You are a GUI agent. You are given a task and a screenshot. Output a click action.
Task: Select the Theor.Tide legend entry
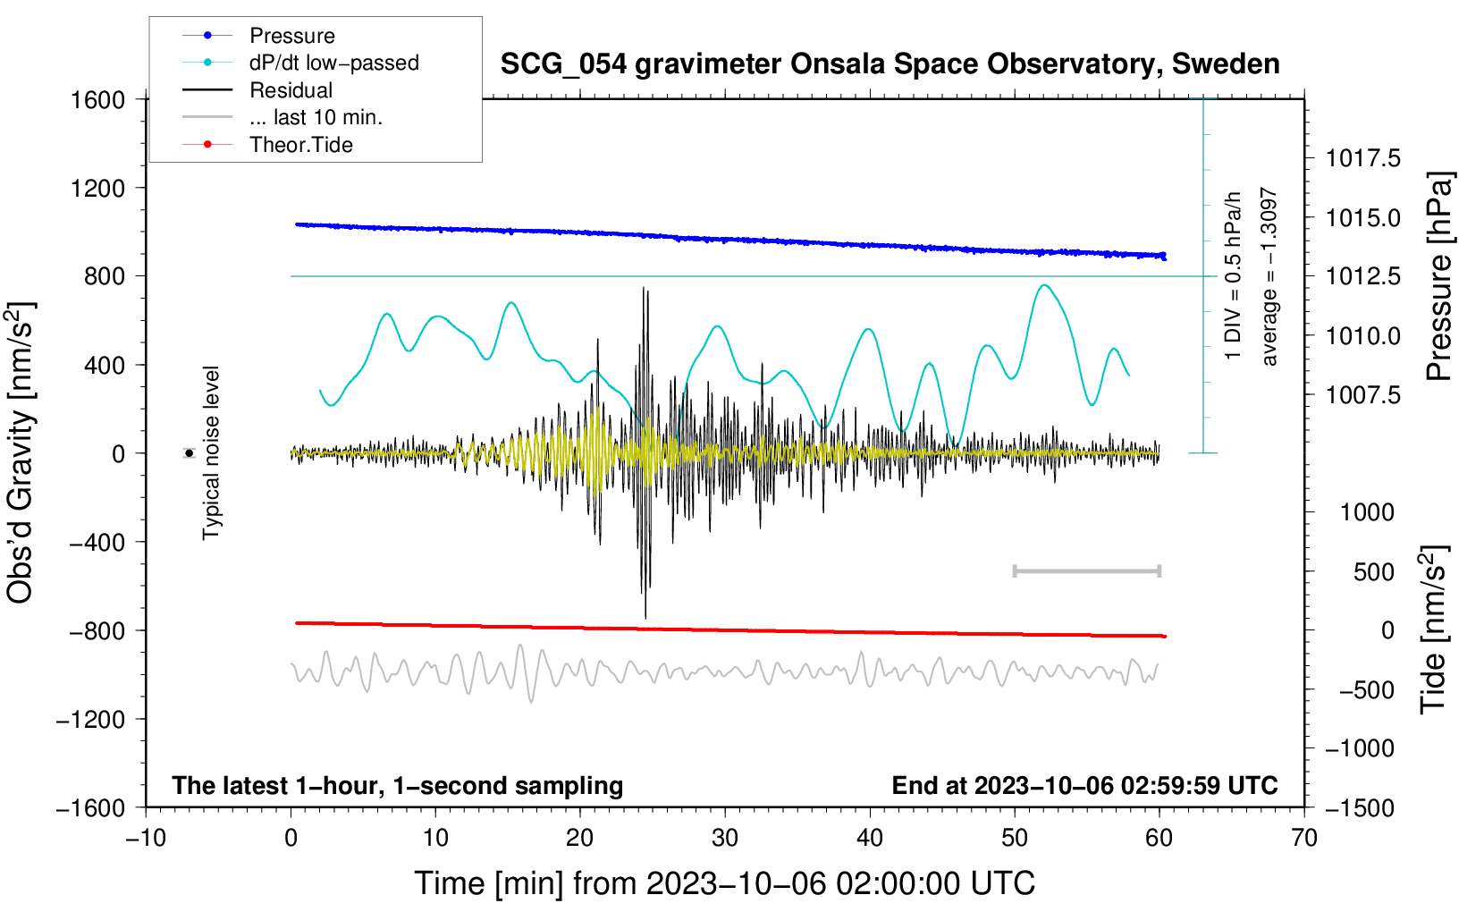pyautogui.click(x=300, y=145)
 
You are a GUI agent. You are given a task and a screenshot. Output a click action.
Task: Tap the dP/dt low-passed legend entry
pyautogui.click(x=333, y=63)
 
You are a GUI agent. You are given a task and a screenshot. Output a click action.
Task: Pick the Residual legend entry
pyautogui.click(x=291, y=90)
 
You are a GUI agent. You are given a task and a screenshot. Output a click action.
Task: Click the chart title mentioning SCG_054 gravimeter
pyautogui.click(x=890, y=64)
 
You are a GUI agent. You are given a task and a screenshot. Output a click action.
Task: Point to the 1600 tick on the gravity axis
pyautogui.click(x=97, y=99)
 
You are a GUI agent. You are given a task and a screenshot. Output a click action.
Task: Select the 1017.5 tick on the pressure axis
pyautogui.click(x=1363, y=158)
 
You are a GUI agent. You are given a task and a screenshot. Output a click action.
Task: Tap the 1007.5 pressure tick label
pyautogui.click(x=1363, y=394)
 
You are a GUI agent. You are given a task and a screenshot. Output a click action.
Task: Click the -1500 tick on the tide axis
pyautogui.click(x=1360, y=807)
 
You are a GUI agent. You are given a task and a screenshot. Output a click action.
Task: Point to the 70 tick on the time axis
pyautogui.click(x=1304, y=838)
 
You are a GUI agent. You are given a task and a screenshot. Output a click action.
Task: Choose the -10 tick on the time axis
pyautogui.click(x=146, y=838)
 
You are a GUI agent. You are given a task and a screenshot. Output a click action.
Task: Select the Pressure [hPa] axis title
pyautogui.click(x=1438, y=276)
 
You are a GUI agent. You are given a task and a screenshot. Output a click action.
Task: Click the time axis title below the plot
pyautogui.click(x=724, y=883)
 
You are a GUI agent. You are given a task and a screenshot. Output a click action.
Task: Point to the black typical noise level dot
pyautogui.click(x=190, y=453)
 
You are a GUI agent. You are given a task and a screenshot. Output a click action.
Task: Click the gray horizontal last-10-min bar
pyautogui.click(x=1086, y=570)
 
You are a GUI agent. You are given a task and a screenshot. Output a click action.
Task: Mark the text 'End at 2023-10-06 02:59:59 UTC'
pyautogui.click(x=1084, y=785)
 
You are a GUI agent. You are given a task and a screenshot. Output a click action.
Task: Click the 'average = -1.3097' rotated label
pyautogui.click(x=1269, y=276)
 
